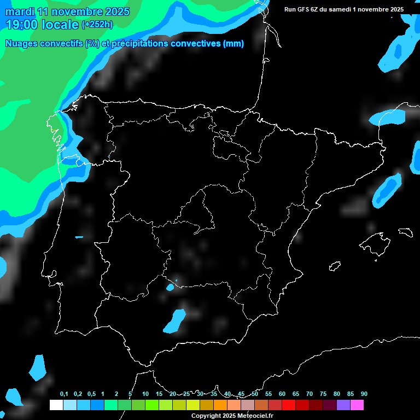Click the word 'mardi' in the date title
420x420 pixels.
point(20,11)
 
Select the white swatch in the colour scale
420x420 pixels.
point(56,405)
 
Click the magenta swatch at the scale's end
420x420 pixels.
point(357,405)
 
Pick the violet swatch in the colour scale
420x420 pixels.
point(343,405)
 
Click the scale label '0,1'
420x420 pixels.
point(63,394)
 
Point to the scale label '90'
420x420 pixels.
point(364,394)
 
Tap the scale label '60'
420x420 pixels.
point(282,394)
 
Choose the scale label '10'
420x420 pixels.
point(145,394)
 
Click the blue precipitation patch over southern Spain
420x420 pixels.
point(174,321)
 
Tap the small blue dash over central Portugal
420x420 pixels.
point(79,237)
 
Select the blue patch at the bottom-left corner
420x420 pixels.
point(37,367)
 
